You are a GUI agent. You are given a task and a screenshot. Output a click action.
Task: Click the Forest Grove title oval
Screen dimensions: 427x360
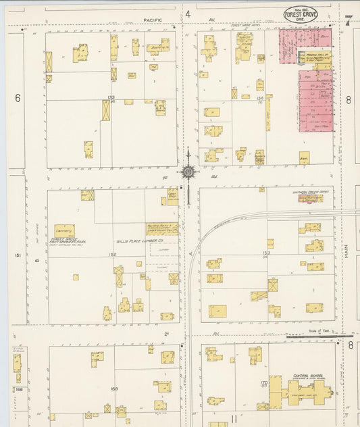pyautogui.click(x=299, y=14)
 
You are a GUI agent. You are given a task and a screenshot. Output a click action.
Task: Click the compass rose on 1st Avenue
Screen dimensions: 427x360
pyautogui.click(x=188, y=171)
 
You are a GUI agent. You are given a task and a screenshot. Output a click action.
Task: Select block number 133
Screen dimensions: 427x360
pyautogui.click(x=111, y=98)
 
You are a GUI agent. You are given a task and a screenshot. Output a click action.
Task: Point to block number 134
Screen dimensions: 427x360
pyautogui.click(x=260, y=99)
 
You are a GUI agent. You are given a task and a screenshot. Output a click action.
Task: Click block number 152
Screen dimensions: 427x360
pyautogui.click(x=112, y=253)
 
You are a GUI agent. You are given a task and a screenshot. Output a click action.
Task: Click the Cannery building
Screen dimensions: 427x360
pyautogui.click(x=64, y=230)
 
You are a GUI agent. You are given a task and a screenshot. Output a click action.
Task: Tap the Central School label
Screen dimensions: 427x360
pyautogui.click(x=305, y=375)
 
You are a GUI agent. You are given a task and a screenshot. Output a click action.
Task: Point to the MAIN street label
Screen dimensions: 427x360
pyautogui.click(x=347, y=251)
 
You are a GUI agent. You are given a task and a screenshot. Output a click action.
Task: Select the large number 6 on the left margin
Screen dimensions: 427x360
pyautogui.click(x=18, y=98)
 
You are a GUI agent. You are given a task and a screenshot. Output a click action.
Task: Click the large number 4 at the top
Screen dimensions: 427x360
pyautogui.click(x=188, y=14)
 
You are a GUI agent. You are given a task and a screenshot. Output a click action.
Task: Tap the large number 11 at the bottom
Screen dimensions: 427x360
pyautogui.click(x=234, y=419)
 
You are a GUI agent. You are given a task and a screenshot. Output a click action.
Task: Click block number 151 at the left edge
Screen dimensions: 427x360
pyautogui.click(x=18, y=255)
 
